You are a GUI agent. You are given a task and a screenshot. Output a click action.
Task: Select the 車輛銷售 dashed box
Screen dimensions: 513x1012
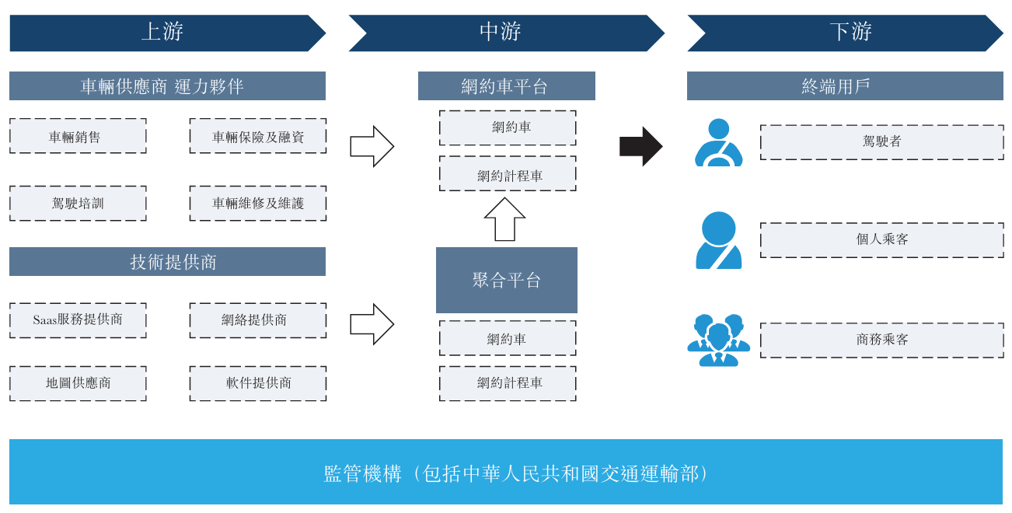point(78,136)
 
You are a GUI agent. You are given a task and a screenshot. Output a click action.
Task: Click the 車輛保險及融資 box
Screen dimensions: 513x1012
point(258,136)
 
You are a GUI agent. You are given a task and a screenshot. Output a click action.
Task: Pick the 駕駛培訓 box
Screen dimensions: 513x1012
point(78,203)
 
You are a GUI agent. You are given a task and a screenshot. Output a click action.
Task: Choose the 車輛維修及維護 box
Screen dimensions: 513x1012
point(258,203)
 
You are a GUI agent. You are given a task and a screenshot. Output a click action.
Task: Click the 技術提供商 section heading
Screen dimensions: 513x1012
point(167,262)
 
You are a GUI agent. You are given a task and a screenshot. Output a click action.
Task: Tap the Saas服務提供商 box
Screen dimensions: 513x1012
point(78,320)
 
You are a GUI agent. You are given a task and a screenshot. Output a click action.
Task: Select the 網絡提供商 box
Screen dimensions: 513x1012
point(258,320)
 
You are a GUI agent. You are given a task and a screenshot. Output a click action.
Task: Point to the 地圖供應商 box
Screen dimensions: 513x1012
point(78,383)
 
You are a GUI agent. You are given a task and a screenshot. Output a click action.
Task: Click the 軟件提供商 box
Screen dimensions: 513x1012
point(258,383)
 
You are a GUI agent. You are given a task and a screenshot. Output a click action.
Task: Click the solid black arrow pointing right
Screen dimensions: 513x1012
point(640,146)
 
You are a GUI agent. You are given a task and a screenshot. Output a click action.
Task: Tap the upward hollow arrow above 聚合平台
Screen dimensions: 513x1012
point(505,219)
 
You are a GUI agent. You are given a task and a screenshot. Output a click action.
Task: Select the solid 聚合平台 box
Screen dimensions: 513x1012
point(507,280)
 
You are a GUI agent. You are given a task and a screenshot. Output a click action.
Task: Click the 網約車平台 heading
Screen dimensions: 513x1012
point(507,86)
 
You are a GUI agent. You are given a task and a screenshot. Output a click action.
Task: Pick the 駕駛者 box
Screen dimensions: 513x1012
point(882,142)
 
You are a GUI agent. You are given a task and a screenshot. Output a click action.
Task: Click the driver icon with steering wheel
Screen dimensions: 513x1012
point(718,143)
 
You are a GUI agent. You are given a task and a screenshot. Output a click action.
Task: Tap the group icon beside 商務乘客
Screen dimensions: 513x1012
point(718,340)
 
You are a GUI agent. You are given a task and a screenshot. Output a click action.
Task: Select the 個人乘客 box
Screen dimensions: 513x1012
point(882,240)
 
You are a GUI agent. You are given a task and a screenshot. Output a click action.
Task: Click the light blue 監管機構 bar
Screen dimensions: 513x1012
point(506,472)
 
